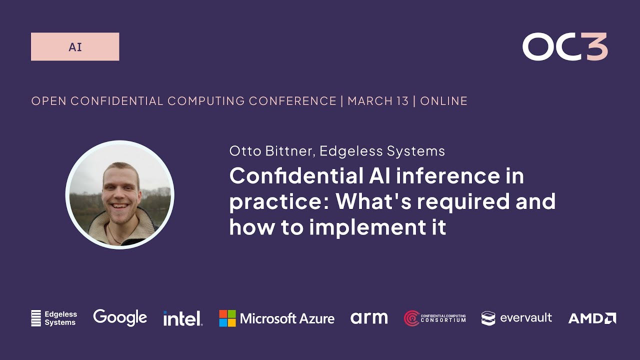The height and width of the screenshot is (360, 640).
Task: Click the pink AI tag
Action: (75, 47)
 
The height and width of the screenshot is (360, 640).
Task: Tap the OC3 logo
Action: (564, 47)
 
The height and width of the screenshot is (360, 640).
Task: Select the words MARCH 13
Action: (378, 101)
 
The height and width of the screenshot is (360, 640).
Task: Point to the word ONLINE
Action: (444, 101)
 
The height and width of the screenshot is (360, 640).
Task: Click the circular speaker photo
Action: (120, 195)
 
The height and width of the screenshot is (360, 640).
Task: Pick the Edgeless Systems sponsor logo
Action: (54, 318)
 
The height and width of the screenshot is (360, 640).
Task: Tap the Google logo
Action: (120, 317)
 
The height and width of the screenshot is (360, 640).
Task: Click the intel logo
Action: (182, 318)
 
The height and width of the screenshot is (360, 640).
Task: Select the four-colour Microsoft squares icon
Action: (227, 318)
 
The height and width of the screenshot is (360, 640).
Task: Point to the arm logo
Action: (369, 317)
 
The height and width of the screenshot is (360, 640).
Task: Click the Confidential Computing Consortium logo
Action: (434, 318)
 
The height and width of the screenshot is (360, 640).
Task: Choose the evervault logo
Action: (516, 317)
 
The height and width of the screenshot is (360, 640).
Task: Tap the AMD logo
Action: (592, 318)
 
